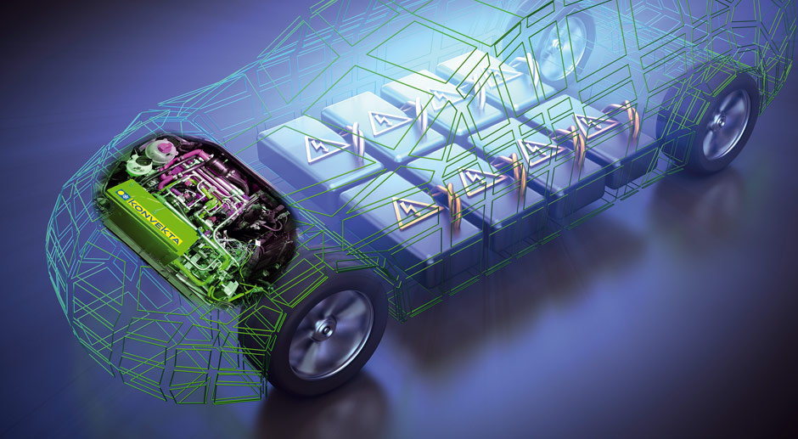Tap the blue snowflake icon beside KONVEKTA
pyautogui.click(x=121, y=194)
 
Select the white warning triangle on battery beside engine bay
pyautogui.click(x=326, y=149)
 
